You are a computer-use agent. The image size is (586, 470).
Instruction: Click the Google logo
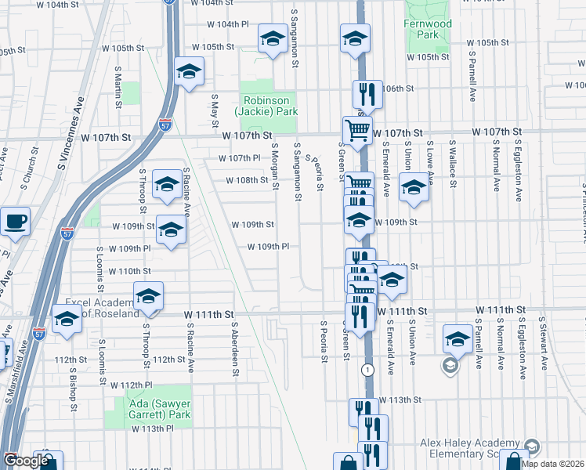pyautogui.click(x=27, y=461)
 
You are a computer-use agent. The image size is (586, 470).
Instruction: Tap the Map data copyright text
pyautogui.click(x=557, y=464)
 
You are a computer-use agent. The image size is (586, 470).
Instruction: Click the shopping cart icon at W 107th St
pyautogui.click(x=357, y=130)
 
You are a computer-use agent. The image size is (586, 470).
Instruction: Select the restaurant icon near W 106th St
pyautogui.click(x=366, y=94)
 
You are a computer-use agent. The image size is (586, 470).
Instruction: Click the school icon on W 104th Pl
pyautogui.click(x=272, y=38)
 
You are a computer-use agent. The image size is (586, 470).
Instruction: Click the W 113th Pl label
pyautogui.click(x=152, y=429)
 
